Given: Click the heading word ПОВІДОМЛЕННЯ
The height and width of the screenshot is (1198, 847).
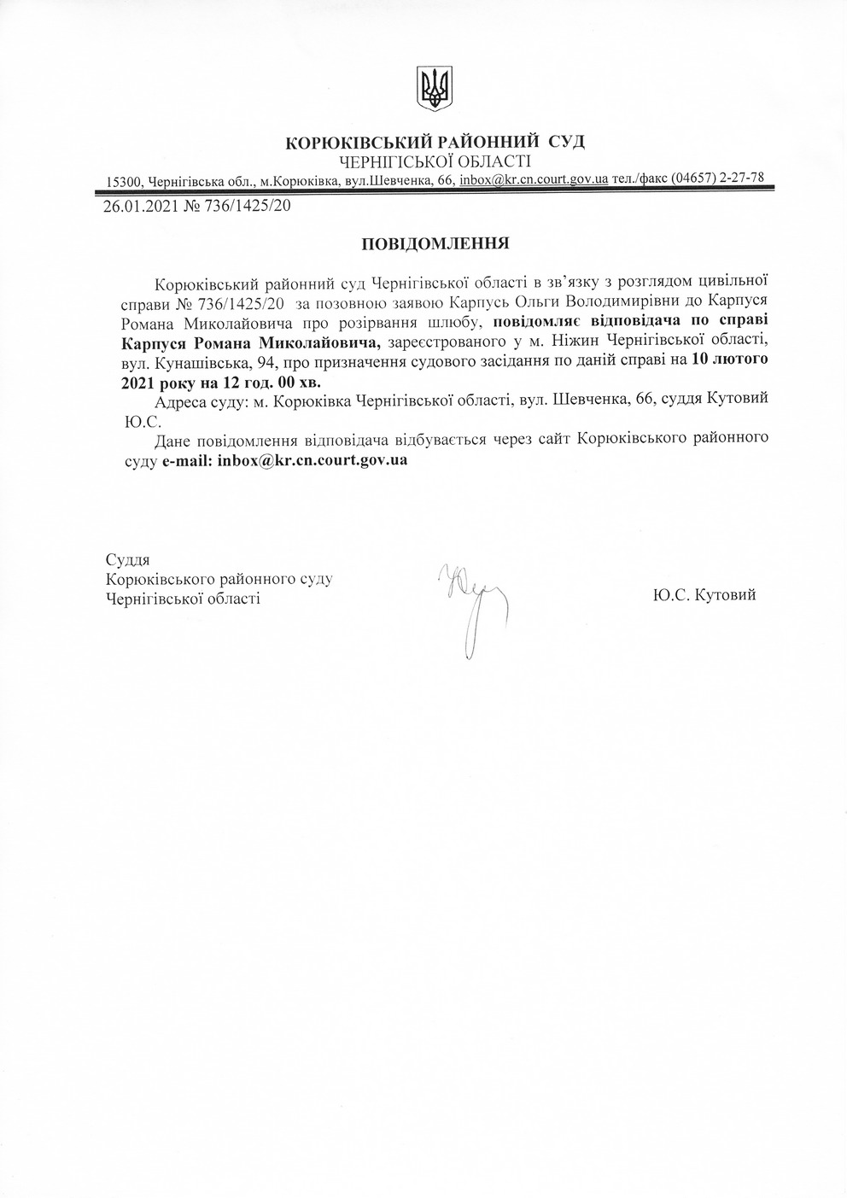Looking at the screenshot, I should (435, 243).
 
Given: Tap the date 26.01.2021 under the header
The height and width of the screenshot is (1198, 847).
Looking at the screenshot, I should (140, 206).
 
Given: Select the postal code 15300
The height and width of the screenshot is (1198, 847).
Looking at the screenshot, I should (124, 181).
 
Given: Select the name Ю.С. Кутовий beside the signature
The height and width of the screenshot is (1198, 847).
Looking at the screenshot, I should (704, 595).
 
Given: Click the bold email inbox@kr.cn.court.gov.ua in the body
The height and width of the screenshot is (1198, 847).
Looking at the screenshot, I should (313, 460).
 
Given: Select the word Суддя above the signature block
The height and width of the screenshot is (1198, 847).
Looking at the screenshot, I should (126, 560).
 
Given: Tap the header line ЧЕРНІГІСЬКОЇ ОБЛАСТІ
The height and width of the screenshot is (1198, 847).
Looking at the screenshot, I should (435, 161).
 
